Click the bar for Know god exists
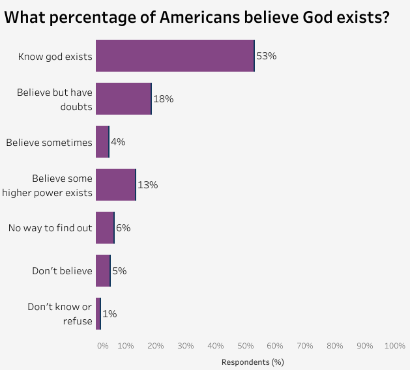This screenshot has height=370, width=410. click(x=175, y=55)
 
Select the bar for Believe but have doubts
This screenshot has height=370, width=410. click(x=123, y=99)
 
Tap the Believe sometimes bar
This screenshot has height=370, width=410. click(x=102, y=142)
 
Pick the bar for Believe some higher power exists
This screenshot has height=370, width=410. click(x=115, y=185)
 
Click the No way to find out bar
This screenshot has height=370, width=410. click(x=105, y=228)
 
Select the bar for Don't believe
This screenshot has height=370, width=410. click(x=103, y=271)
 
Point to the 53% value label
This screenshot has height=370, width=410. click(x=267, y=56)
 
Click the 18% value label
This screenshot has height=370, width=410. click(x=163, y=99)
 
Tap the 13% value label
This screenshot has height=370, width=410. click(x=148, y=185)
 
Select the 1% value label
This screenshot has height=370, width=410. click(x=110, y=314)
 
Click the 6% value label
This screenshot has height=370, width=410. click(x=123, y=228)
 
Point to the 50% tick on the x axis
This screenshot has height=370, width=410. click(x=245, y=346)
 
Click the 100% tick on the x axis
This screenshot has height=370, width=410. click(x=395, y=346)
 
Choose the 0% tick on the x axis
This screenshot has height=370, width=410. click(x=102, y=346)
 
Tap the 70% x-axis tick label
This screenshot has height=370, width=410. click(x=305, y=346)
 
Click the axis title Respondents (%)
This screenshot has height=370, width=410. click(x=253, y=362)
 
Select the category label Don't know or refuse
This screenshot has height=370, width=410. click(x=60, y=314)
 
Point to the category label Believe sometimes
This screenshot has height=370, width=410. click(x=49, y=143)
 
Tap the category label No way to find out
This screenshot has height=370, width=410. click(x=50, y=228)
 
